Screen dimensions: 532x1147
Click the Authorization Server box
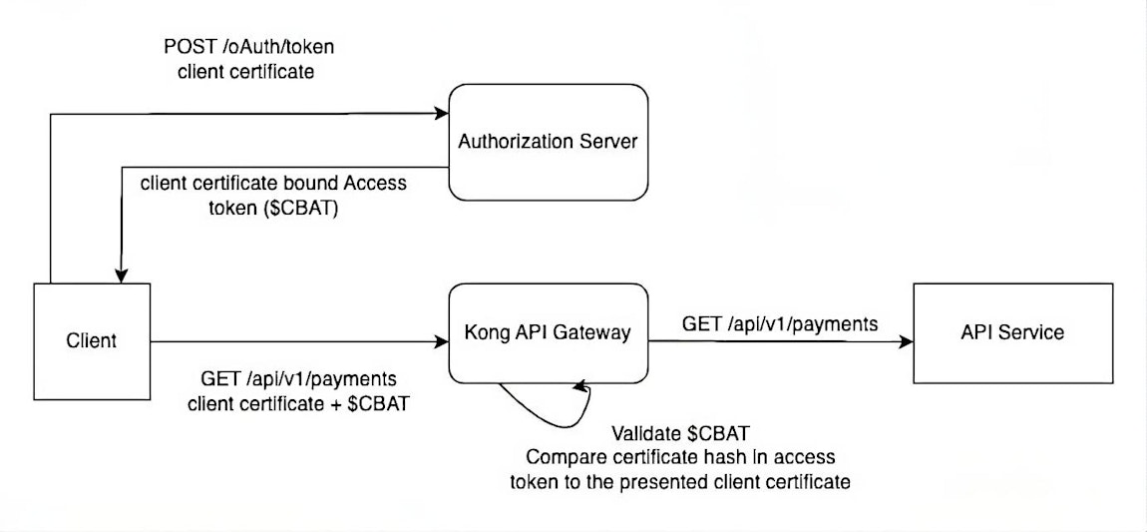[x=548, y=141]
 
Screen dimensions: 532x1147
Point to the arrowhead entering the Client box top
[x=122, y=276]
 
